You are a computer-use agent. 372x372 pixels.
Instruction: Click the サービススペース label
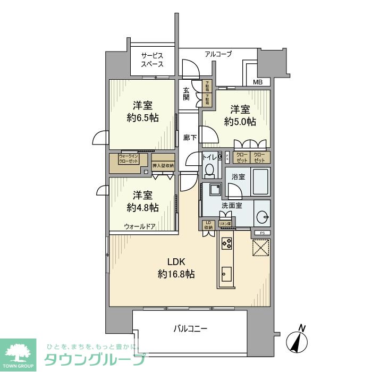[151, 60]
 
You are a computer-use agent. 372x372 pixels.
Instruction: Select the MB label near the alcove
[258, 82]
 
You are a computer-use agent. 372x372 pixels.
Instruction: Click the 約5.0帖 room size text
[240, 122]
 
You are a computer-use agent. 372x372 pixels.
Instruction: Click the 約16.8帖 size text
[176, 274]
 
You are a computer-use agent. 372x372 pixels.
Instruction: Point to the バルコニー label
[190, 328]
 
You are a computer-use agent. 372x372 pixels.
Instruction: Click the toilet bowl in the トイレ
[209, 170]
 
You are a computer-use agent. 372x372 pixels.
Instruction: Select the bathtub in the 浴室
[260, 182]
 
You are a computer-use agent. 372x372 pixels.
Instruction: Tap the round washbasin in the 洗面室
[261, 217]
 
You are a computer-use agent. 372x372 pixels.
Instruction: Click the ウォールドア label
[140, 226]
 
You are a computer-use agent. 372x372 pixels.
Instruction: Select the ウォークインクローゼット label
[130, 158]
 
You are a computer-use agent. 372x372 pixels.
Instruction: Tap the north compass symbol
[295, 340]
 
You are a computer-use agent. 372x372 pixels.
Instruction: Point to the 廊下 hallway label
[190, 137]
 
